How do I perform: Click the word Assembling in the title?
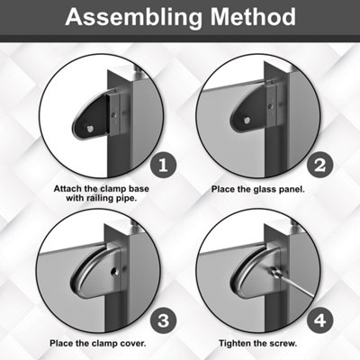click(133, 17)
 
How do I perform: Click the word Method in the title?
click(253, 16)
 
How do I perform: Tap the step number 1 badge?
click(163, 166)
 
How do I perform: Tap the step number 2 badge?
click(319, 166)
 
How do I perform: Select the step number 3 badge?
click(163, 320)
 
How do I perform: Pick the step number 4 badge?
click(319, 320)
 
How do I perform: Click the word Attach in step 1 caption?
click(67, 189)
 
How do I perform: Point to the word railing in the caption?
click(100, 198)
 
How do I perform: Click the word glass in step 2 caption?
click(263, 190)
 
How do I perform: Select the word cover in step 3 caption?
click(133, 343)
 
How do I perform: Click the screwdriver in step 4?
click(291, 281)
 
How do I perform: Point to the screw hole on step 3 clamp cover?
click(114, 271)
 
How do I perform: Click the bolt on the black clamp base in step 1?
click(90, 129)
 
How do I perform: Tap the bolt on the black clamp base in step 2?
click(247, 120)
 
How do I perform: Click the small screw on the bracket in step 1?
click(113, 114)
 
